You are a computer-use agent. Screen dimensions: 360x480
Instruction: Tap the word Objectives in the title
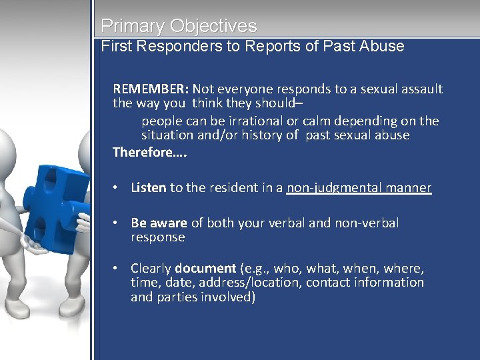click(x=213, y=27)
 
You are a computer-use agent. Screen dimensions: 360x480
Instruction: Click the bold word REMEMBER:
click(x=151, y=89)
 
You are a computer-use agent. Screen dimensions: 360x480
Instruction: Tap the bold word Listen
click(x=148, y=188)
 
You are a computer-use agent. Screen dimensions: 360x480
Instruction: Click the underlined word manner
click(x=405, y=188)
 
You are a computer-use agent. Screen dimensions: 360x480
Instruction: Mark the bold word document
click(x=205, y=269)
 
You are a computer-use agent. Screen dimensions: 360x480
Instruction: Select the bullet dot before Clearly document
click(x=116, y=269)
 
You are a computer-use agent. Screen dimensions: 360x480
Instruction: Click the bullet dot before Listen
click(x=116, y=188)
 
